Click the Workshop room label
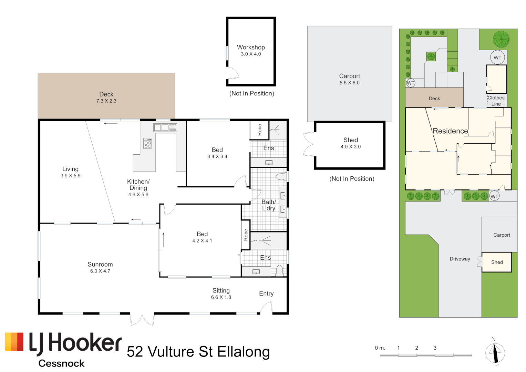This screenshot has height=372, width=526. pos(251,47)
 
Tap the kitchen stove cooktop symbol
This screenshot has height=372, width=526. pos(148,144)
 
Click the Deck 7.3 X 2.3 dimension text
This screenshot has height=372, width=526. pos(106,101)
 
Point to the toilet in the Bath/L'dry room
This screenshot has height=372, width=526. pos(281,177)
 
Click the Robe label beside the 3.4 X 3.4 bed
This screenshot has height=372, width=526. pos(259,130)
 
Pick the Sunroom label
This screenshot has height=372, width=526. pos(100,264)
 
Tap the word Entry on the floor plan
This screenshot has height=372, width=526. pos(266,293)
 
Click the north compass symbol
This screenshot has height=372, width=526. pos(495,353)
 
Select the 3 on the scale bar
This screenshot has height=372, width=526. pos(435,348)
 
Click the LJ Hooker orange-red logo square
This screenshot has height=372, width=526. pos(14,342)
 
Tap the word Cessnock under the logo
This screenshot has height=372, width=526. pos(61,363)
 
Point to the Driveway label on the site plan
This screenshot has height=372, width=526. pos(460,259)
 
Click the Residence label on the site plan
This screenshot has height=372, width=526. pos(450,131)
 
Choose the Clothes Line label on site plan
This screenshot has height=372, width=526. pos(496,101)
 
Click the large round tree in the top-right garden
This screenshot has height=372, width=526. pos(501,39)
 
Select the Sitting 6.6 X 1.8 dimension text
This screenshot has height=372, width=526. pos(221,297)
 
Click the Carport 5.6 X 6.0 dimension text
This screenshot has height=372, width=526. pos(349,83)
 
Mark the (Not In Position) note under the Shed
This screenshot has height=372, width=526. pos(352,179)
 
